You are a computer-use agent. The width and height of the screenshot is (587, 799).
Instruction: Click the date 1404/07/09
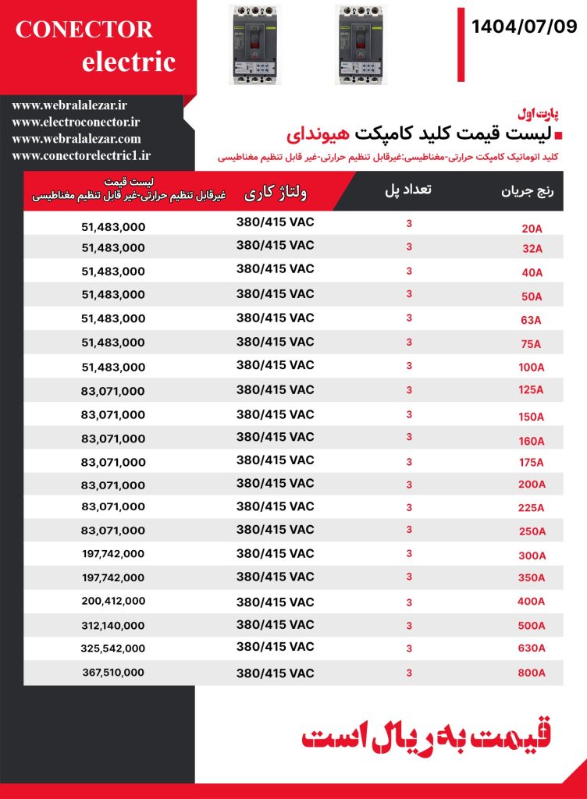pos(524,27)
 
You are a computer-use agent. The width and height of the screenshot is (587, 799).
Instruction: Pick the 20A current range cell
pos(532,229)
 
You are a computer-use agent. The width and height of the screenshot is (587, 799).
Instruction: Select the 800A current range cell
pos(532,673)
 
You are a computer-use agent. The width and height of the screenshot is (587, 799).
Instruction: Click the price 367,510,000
pos(113,673)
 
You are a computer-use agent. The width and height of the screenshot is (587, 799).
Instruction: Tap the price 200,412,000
pos(113,602)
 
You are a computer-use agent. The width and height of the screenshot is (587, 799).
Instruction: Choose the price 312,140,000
pos(113,625)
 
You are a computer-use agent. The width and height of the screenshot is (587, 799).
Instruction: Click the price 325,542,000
pos(113,648)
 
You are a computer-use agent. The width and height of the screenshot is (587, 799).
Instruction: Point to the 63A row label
pos(532,320)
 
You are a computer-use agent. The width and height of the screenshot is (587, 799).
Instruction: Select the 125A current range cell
pos(532,391)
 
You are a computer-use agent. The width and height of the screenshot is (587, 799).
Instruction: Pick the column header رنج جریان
pos(527,191)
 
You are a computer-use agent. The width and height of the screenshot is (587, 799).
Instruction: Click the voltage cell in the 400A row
pos(275,602)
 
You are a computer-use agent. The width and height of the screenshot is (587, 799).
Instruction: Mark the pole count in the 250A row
pos(408,530)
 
